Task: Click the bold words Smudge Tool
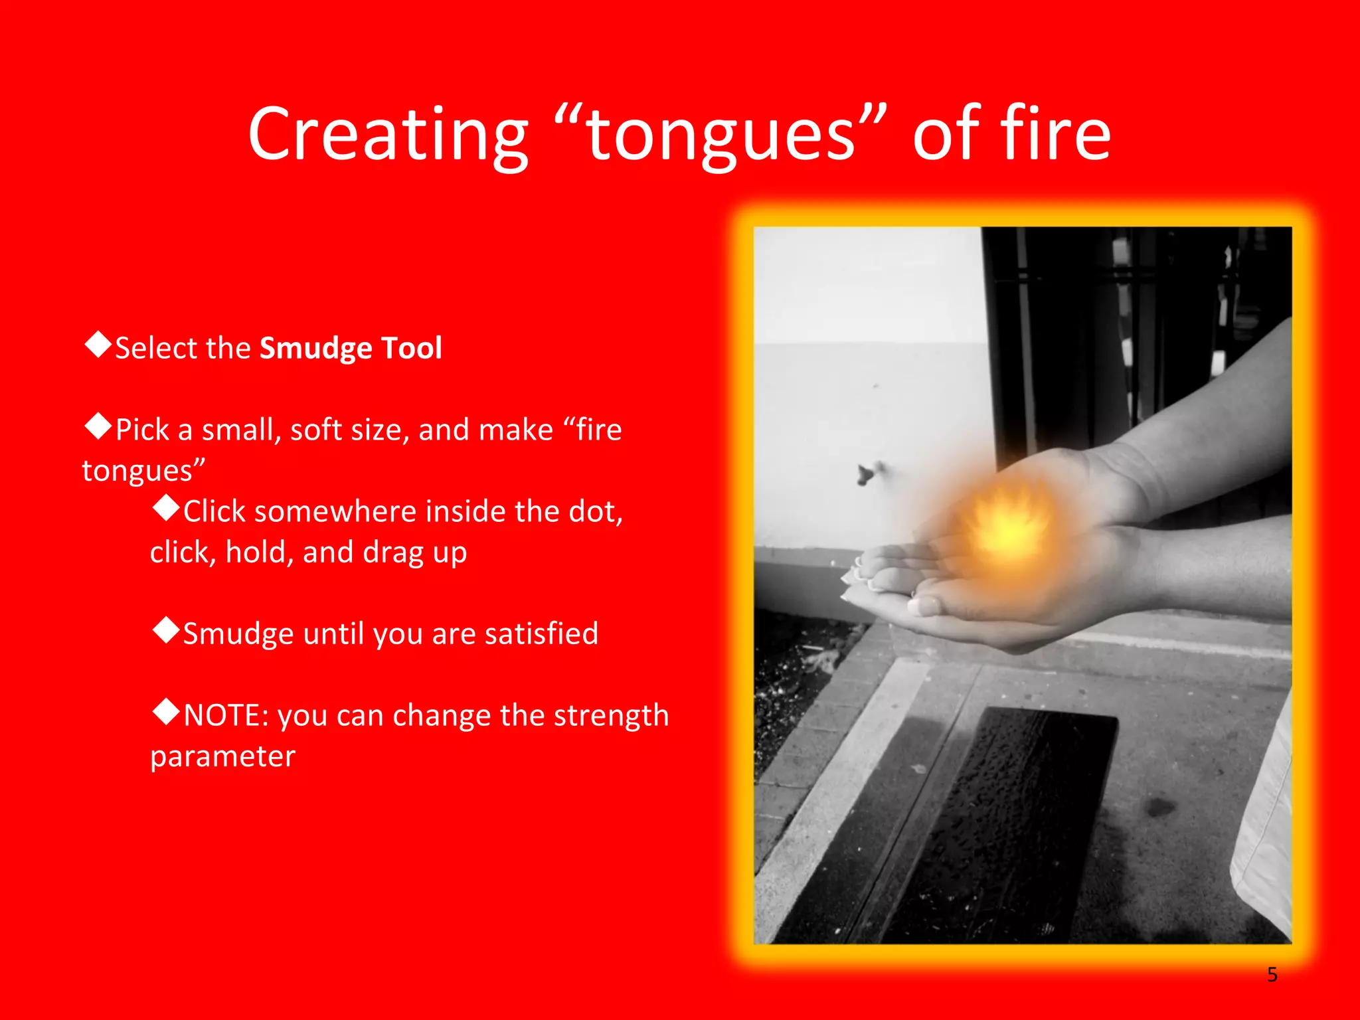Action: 351,348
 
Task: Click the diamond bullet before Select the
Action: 98,345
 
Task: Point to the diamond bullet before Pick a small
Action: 98,426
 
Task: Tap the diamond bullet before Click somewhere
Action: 166,508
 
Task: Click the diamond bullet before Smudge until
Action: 166,630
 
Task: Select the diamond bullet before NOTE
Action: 166,712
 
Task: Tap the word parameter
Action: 222,756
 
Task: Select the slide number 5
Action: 1272,974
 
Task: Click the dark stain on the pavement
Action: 1159,807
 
